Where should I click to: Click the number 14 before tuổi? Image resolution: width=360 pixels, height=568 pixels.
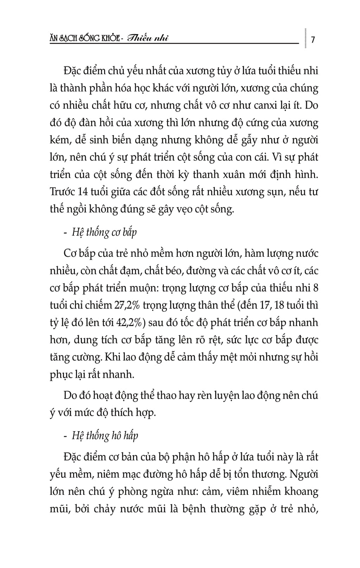click(83, 192)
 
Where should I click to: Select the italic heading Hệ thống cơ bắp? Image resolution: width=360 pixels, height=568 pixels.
click(104, 232)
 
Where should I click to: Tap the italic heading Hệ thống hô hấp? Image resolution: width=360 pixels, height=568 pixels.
click(105, 435)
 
